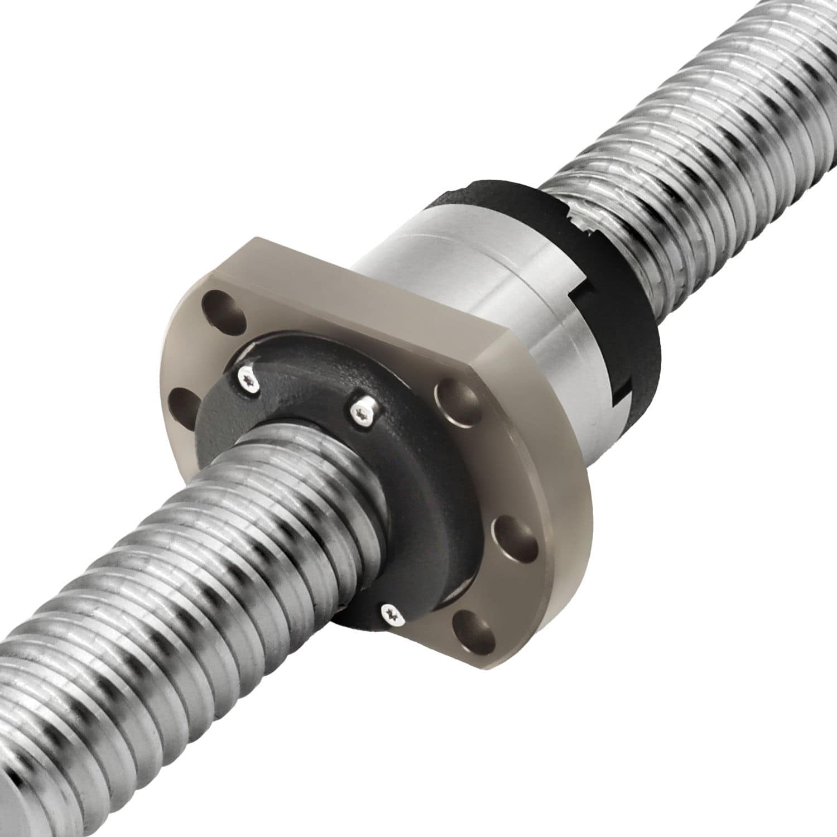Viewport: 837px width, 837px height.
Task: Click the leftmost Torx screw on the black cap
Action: [x=248, y=378]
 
